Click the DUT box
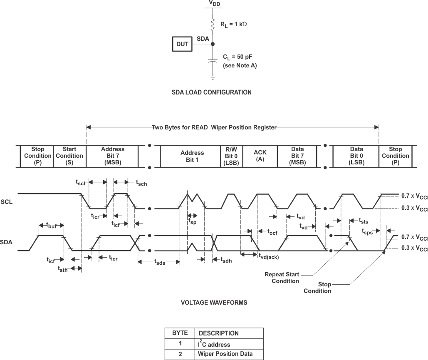tap(182, 44)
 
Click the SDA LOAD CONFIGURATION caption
tap(211, 92)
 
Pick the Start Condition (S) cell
tap(69, 156)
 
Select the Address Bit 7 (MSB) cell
tap(112, 156)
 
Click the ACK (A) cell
tap(260, 156)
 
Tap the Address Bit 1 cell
tap(192, 156)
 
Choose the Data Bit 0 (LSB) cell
tap(356, 156)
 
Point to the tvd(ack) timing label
tap(268, 257)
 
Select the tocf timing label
tap(272, 232)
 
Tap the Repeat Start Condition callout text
tap(282, 278)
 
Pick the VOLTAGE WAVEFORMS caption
tap(214, 303)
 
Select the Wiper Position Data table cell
tap(225, 354)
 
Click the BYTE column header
tap(180, 333)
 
